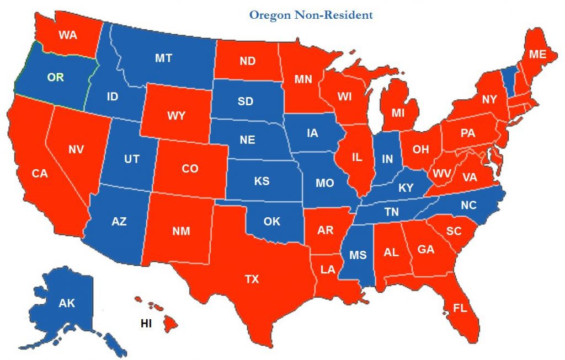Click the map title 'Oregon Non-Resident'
[x=311, y=15]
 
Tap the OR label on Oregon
[x=55, y=78]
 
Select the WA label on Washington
[x=68, y=36]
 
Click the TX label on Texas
[x=252, y=280]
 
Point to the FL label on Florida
[x=460, y=308]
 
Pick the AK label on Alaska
[x=67, y=303]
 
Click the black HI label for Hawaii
[x=146, y=324]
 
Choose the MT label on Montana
[x=163, y=58]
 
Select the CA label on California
[x=40, y=174]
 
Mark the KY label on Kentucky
[x=406, y=188]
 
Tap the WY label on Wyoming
[x=177, y=116]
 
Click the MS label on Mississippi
[x=358, y=255]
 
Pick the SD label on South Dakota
[x=246, y=101]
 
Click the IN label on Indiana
[x=387, y=160]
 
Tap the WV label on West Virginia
[x=441, y=174]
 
